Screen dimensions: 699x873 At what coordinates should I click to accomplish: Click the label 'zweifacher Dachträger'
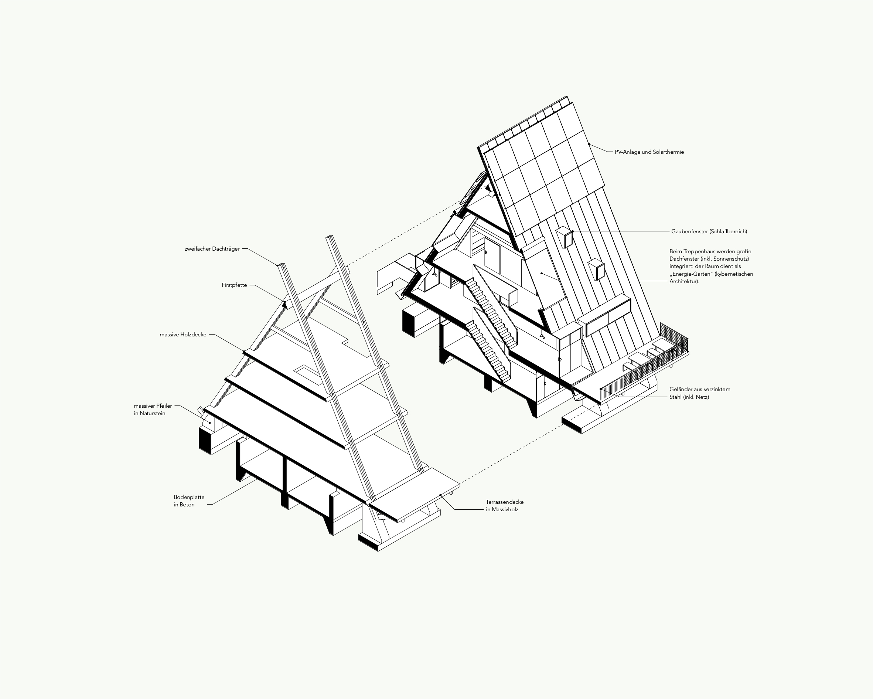point(212,249)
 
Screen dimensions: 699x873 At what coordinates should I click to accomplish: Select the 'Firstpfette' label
point(234,285)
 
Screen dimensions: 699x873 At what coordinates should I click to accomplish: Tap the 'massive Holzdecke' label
point(183,335)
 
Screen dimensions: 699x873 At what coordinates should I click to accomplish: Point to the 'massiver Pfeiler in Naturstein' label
point(153,409)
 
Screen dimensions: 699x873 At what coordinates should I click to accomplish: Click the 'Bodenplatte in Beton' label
point(189,501)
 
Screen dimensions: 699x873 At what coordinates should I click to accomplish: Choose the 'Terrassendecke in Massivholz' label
point(505,505)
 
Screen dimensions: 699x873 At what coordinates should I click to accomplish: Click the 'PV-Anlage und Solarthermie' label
point(649,152)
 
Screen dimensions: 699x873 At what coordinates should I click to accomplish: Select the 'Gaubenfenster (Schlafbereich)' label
point(709,231)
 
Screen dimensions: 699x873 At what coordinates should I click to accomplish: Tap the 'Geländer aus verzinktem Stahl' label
point(699,393)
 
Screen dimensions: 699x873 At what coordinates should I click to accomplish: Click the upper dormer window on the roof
point(565,237)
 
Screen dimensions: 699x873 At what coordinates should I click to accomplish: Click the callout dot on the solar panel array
point(589,144)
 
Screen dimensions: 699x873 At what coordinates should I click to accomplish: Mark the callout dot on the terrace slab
point(440,495)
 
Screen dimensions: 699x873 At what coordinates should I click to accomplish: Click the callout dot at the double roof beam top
point(278,265)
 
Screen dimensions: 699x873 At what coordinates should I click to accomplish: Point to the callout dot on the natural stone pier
point(210,423)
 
